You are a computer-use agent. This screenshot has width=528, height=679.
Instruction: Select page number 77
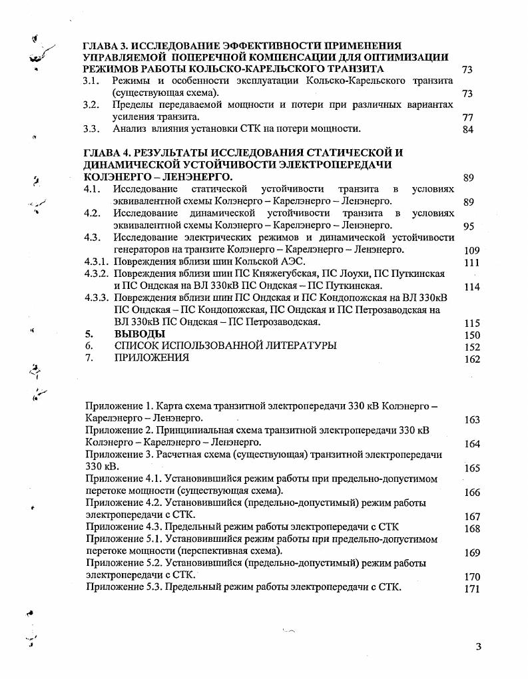(x=467, y=118)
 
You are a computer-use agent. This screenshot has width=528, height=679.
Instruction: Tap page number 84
(x=467, y=130)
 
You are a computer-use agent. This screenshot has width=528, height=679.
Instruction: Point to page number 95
(x=468, y=226)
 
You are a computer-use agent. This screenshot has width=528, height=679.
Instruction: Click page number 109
(x=470, y=251)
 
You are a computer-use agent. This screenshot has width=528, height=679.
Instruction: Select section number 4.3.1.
(x=95, y=262)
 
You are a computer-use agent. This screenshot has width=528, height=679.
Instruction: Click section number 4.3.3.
(x=95, y=298)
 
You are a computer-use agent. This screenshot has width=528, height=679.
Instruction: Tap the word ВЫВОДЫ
(x=139, y=334)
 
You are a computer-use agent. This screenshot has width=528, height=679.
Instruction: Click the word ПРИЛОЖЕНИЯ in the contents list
(x=151, y=357)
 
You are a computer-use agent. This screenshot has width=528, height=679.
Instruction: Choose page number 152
(x=471, y=347)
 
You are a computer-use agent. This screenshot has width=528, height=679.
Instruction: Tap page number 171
(x=471, y=589)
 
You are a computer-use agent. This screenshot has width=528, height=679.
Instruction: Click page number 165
(x=471, y=469)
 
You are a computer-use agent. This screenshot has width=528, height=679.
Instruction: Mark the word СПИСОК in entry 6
(x=138, y=345)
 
